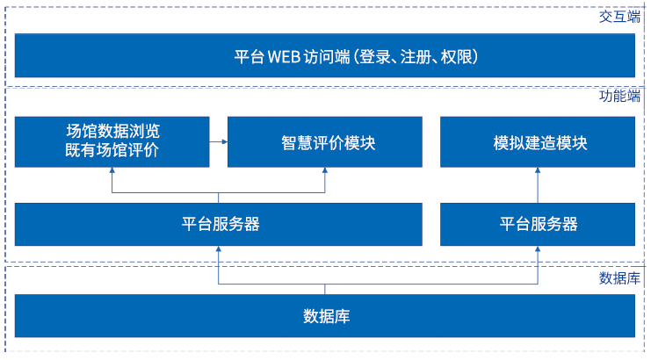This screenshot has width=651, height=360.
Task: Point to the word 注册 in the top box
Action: pos(420,56)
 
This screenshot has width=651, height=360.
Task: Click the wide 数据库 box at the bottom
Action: pos(326,315)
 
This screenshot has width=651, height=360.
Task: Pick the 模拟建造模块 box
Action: pos(539,142)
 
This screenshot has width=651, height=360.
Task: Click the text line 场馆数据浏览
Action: pos(112,132)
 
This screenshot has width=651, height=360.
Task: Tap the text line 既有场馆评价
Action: pos(112,151)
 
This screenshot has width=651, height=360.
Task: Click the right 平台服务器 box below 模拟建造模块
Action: pos(539,223)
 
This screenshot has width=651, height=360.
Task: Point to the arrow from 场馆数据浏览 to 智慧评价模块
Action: pos(219,141)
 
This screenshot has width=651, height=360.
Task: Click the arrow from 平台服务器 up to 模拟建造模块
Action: pos(539,185)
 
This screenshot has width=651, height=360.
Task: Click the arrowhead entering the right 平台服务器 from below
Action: pos(539,250)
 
